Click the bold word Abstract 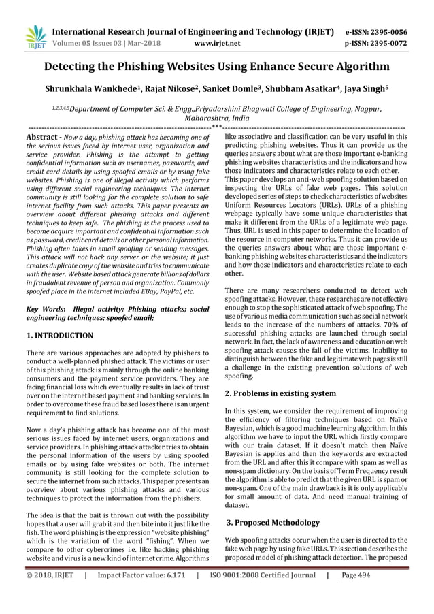(x=39, y=138)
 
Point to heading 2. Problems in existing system (x=280, y=393)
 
